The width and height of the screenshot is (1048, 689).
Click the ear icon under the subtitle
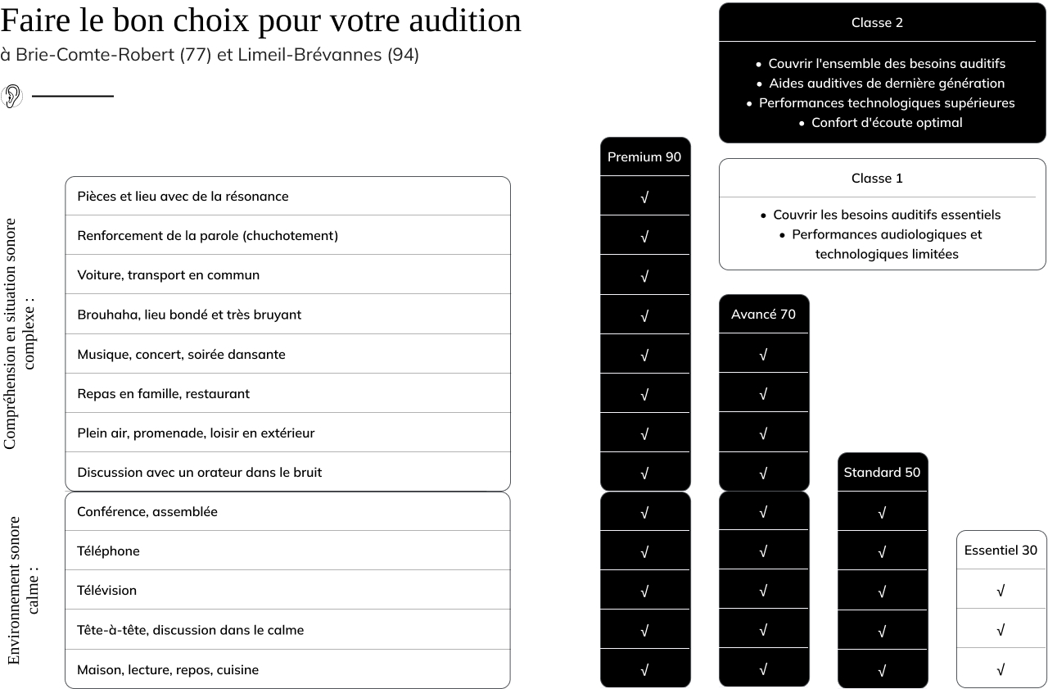coord(11,96)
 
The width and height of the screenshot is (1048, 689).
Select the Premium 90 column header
coord(644,156)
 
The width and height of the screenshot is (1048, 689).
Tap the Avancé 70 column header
coord(763,314)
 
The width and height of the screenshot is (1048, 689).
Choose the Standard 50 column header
coord(882,472)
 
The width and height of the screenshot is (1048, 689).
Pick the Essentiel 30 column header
coord(1001,551)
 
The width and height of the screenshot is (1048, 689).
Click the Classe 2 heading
coord(877,23)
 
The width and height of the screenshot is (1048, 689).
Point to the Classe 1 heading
coord(877,178)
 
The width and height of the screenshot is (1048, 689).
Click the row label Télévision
coord(106,590)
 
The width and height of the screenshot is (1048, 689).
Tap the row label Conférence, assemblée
coord(147,511)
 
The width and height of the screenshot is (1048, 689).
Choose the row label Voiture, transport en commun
coord(168,274)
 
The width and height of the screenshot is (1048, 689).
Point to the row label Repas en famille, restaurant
coord(163,393)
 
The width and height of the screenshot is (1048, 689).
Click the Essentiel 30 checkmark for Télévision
coord(1001,591)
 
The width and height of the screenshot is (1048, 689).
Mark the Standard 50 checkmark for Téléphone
coord(882,552)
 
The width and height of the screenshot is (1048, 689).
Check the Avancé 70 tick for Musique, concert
coord(763,355)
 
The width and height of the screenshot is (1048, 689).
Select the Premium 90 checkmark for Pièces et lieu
coord(644,197)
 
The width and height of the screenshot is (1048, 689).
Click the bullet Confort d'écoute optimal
coord(886,122)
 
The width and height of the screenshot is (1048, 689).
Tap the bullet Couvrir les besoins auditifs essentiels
coord(886,215)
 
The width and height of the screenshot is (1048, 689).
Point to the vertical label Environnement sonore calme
coord(23,590)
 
